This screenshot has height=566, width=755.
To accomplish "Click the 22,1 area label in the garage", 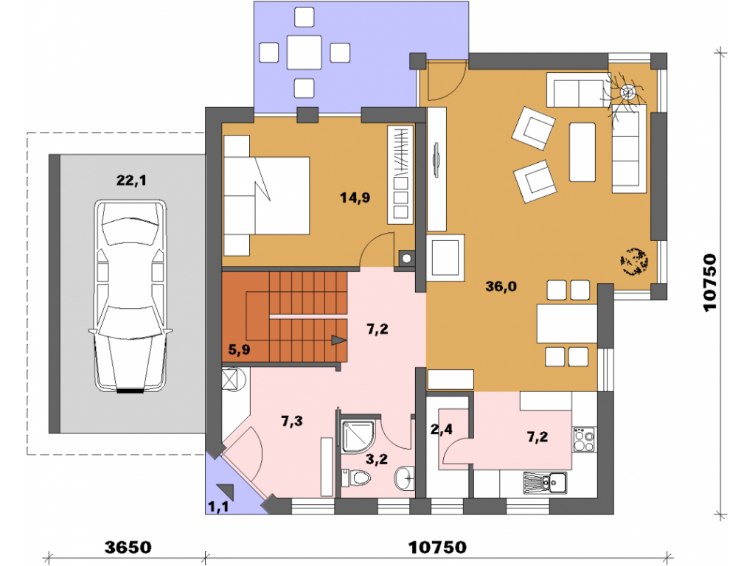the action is pyautogui.click(x=131, y=181).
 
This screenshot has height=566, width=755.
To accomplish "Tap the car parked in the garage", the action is pyautogui.click(x=131, y=296).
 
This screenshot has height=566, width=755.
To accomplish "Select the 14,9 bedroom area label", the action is pyautogui.click(x=355, y=198).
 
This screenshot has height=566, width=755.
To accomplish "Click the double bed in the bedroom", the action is pyautogui.click(x=266, y=195).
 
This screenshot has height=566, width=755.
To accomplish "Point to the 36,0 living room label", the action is pyautogui.click(x=501, y=287).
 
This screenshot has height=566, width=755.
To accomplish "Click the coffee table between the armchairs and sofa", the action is pyautogui.click(x=582, y=152).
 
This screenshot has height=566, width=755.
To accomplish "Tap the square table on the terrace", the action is pyautogui.click(x=305, y=52).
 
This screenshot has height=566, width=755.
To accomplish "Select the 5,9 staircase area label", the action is pyautogui.click(x=239, y=349).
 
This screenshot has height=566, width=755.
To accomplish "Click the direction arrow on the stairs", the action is pyautogui.click(x=339, y=340).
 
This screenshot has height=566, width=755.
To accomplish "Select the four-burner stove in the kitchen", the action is pyautogui.click(x=584, y=439).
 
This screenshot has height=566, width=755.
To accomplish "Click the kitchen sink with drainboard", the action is pyautogui.click(x=545, y=483).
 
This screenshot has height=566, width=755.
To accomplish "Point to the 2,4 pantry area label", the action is pyautogui.click(x=441, y=428).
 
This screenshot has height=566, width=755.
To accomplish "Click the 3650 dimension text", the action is pyautogui.click(x=128, y=548).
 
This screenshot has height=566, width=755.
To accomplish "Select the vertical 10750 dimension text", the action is pyautogui.click(x=709, y=283).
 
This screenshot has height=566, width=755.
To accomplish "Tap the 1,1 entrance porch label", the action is pyautogui.click(x=218, y=507).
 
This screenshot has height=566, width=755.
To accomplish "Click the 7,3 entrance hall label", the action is pyautogui.click(x=292, y=421).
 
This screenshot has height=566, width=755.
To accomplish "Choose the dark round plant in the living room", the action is pyautogui.click(x=634, y=262).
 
